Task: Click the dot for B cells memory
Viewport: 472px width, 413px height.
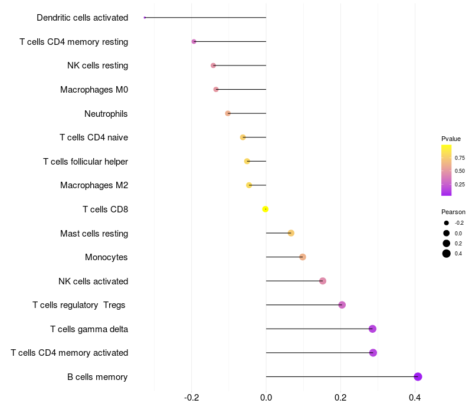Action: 418,377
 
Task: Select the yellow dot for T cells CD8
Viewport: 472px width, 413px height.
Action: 265,209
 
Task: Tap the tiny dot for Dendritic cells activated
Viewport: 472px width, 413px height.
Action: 145,18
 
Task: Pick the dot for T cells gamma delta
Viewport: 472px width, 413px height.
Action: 372,329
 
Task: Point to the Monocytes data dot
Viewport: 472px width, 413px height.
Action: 303,257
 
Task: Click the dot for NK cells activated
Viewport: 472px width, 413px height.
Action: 323,281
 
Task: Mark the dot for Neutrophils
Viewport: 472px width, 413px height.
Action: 228,113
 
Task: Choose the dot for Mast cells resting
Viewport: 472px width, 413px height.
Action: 291,233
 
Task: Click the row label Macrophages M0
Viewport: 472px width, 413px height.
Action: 94,90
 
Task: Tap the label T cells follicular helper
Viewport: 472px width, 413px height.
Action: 86,162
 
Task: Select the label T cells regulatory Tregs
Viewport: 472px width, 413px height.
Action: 79,305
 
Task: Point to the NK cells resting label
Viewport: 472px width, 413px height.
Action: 97,65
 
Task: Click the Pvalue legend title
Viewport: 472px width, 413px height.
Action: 451,139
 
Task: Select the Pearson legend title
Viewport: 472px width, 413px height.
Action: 453,212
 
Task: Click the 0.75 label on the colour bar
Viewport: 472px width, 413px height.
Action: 460,158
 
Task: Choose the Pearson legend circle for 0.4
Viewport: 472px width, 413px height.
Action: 447,254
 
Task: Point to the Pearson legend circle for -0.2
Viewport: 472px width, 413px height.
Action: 447,223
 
